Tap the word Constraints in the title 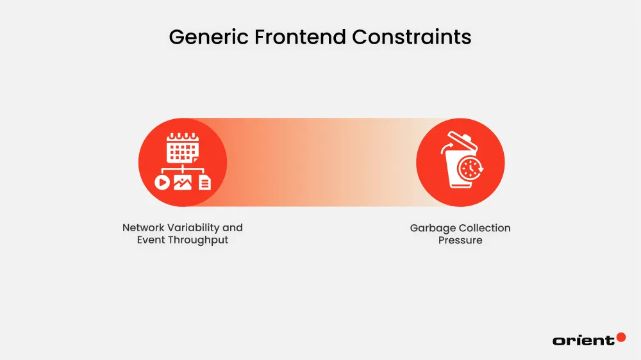point(412,37)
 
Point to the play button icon point(162,183)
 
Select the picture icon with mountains point(183,183)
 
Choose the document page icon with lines point(204,183)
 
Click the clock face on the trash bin point(470,168)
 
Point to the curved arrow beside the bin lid point(446,149)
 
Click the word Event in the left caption point(151,240)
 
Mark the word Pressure point(460,240)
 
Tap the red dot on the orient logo point(620,337)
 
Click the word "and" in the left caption point(233,228)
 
